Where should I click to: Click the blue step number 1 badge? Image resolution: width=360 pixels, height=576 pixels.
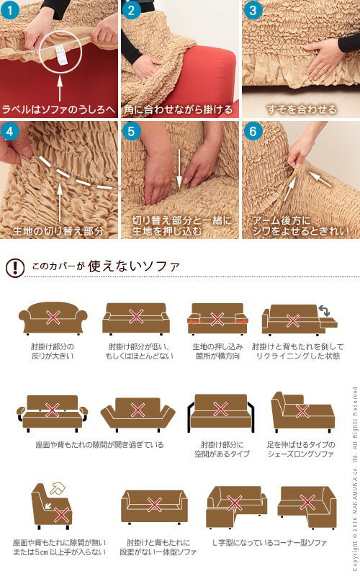(12, 10)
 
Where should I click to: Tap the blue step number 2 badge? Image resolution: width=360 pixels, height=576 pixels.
(132, 10)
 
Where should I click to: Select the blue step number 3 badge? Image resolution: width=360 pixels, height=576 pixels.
(252, 10)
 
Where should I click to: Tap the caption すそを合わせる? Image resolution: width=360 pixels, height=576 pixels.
(301, 109)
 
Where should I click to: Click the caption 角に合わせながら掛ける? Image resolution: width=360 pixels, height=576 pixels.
(179, 109)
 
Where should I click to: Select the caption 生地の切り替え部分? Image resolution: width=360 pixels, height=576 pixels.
(59, 231)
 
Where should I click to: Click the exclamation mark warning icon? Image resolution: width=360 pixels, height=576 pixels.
(14, 268)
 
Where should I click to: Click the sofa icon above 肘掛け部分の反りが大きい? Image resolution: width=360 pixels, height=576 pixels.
(52, 318)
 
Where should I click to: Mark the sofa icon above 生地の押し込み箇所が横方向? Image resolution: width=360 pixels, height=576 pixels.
(217, 320)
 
